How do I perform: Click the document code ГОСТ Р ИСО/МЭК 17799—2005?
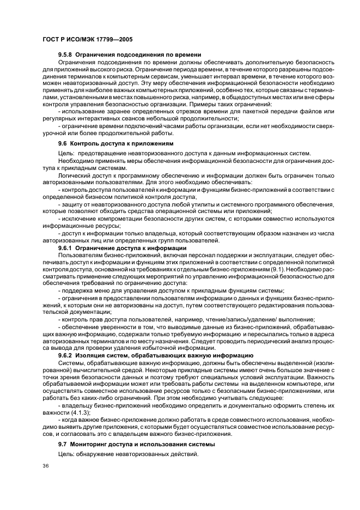87,40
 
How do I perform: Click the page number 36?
46,466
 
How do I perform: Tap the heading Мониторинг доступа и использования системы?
134,445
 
